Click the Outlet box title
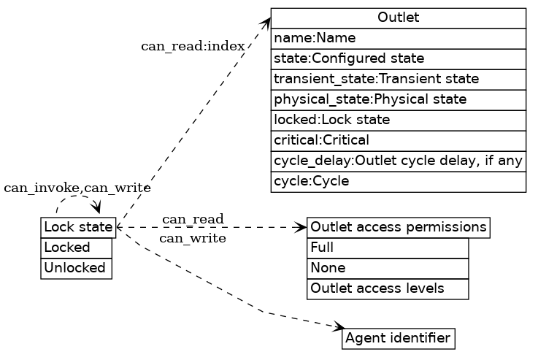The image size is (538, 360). tap(398, 18)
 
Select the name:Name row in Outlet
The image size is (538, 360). tap(398, 38)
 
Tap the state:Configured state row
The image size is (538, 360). tap(398, 58)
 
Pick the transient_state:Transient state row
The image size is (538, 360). tap(398, 79)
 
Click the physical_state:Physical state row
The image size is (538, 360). tap(398, 99)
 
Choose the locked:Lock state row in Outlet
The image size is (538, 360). tap(398, 120)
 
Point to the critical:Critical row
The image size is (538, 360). tap(398, 140)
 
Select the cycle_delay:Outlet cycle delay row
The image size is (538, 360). tap(398, 161)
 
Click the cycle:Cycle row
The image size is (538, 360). tap(398, 181)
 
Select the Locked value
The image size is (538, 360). tap(77, 248)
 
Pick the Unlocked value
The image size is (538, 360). tap(77, 268)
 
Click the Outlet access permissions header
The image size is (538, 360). tap(398, 228)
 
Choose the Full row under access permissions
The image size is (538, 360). tap(388, 248)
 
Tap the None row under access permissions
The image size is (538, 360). tap(388, 269)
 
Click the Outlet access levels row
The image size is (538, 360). tap(388, 289)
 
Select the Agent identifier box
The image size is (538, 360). tap(398, 339)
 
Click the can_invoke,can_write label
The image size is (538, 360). tap(77, 188)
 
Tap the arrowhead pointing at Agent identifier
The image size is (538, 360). tap(338, 326)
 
